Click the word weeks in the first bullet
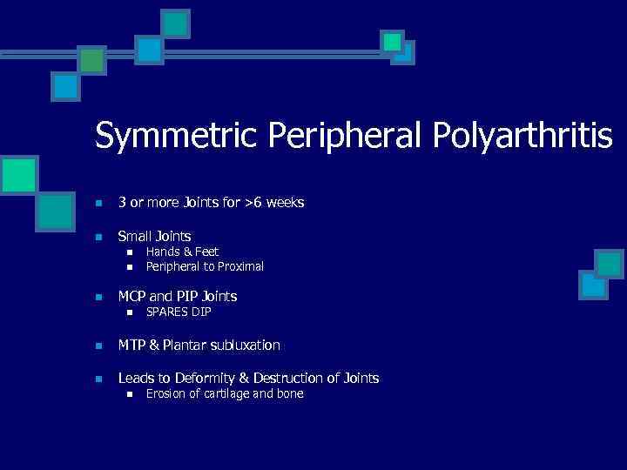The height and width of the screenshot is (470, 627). click(287, 203)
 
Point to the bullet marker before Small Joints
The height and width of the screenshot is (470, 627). click(99, 237)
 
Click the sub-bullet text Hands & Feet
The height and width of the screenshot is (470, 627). click(182, 252)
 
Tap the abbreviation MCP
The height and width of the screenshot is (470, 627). click(133, 296)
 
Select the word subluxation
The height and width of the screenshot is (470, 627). click(245, 346)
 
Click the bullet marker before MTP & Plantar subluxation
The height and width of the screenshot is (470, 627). click(99, 346)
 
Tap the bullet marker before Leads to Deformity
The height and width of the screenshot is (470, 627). click(99, 379)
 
